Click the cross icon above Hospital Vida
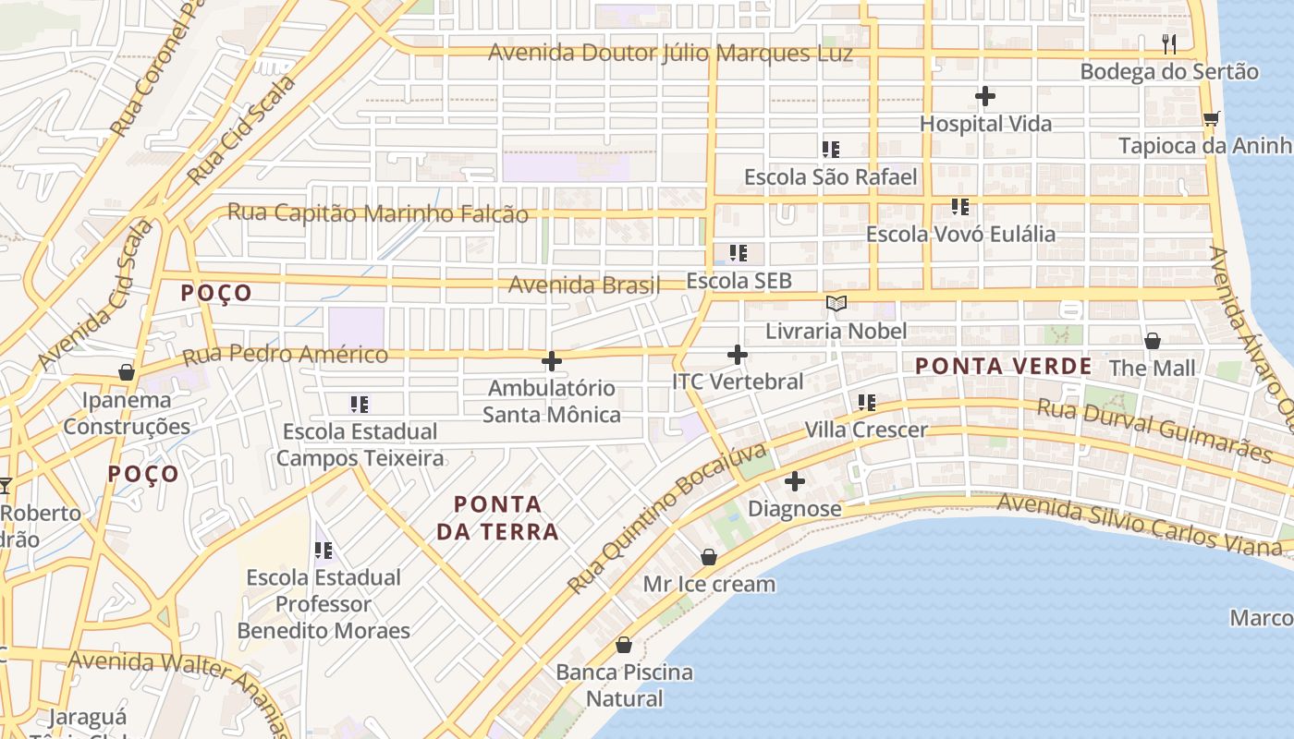tap(985, 96)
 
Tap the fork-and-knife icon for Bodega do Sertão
tap(1169, 43)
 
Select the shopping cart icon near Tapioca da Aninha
tap(1211, 118)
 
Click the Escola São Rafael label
tap(830, 176)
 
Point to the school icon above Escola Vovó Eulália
tap(960, 207)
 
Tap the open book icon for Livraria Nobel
tap(836, 304)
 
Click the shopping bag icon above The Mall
tap(1153, 341)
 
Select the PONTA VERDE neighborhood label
tap(1004, 366)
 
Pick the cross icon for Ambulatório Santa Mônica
tap(552, 361)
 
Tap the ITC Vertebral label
tap(738, 382)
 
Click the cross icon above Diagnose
tap(794, 481)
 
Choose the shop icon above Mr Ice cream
tap(709, 557)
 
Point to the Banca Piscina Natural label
tap(625, 684)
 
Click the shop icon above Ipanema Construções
tap(127, 372)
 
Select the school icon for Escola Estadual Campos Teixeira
tap(360, 404)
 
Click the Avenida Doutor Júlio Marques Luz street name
tap(670, 53)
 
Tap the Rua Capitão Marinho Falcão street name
tap(378, 213)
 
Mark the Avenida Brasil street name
tap(584, 285)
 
